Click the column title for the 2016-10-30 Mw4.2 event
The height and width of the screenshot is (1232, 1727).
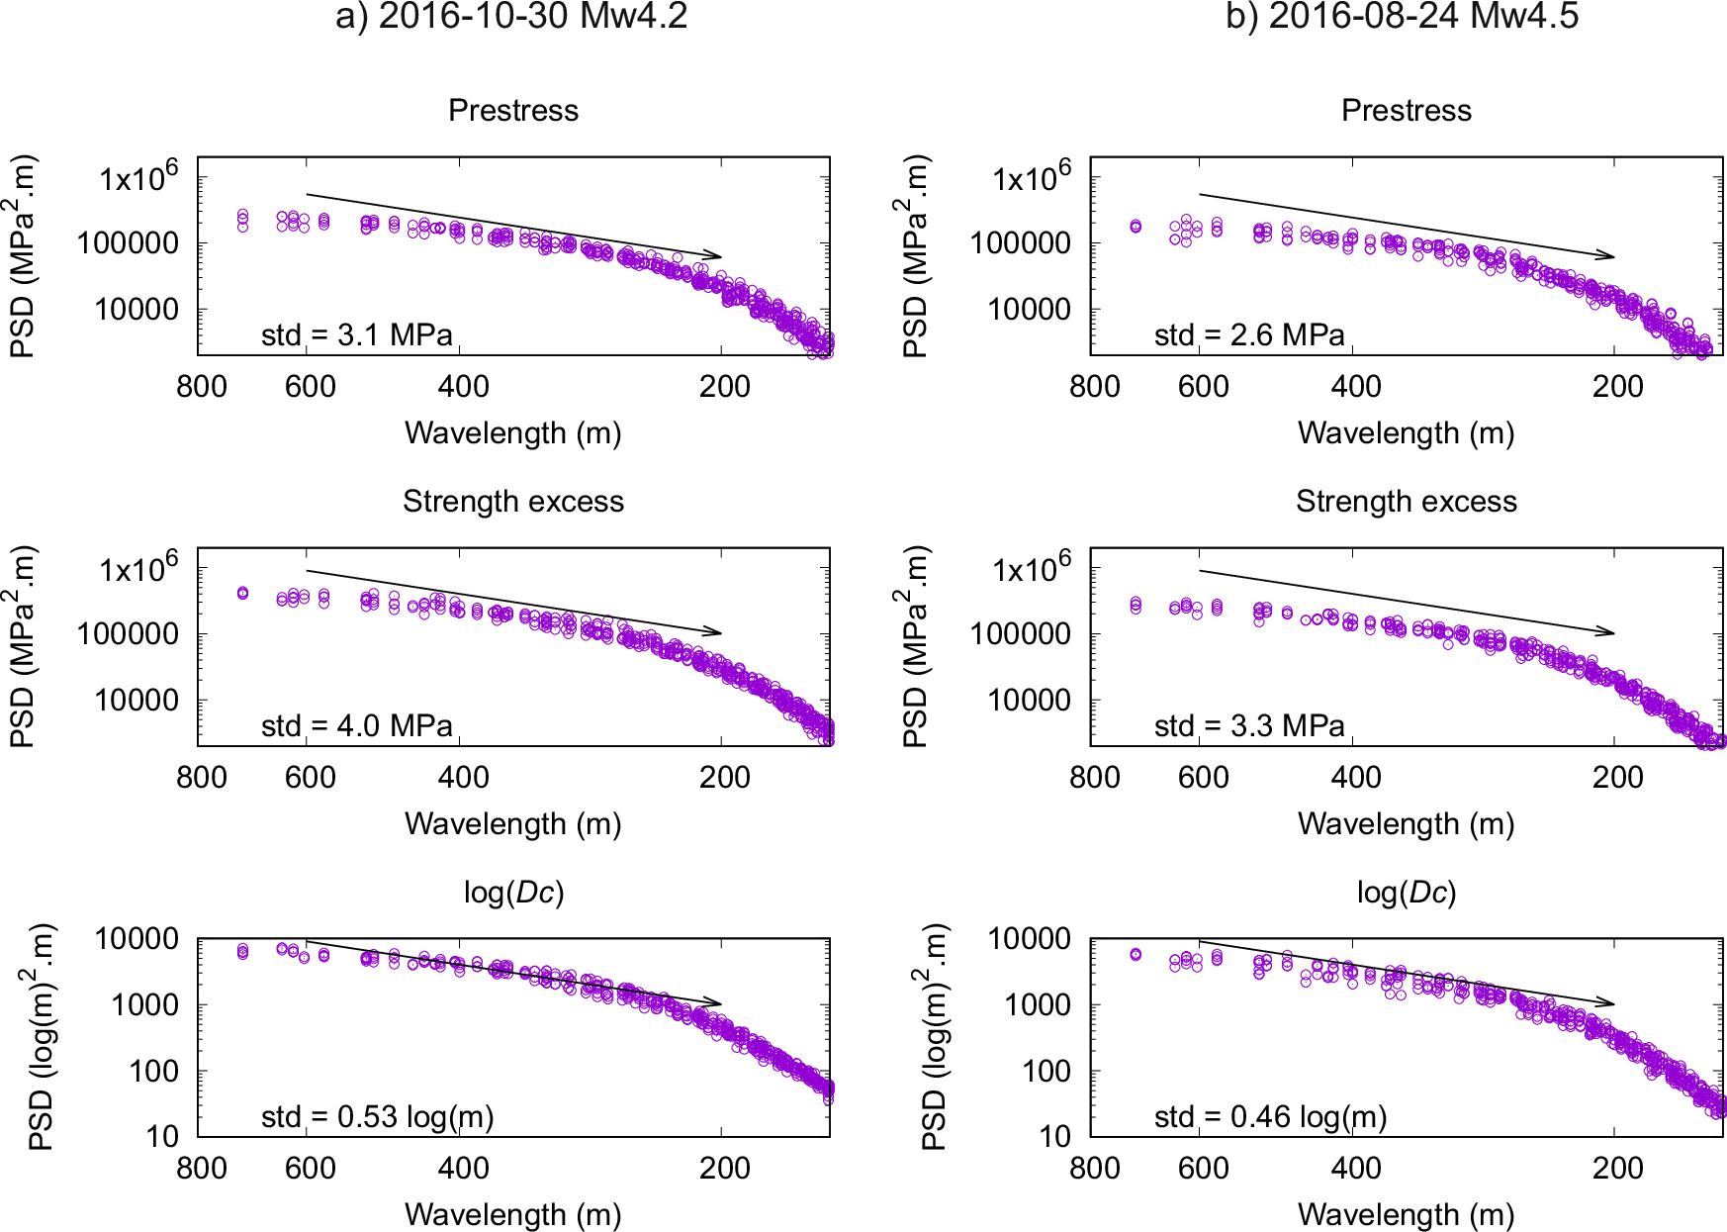(x=511, y=17)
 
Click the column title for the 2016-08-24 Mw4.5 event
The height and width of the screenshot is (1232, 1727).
(x=1402, y=17)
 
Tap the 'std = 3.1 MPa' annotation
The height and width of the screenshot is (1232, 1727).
(x=356, y=335)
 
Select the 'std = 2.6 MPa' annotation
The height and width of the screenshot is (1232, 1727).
(x=1249, y=335)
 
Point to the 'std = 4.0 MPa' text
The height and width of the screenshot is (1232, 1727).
(x=356, y=726)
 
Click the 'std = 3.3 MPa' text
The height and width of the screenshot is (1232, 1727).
(x=1249, y=726)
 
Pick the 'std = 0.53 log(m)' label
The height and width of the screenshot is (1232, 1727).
(x=377, y=1117)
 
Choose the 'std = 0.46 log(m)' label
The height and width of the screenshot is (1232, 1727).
(x=1270, y=1117)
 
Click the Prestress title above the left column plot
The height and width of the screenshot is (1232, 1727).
(x=513, y=111)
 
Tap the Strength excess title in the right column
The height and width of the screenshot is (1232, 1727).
(x=1406, y=502)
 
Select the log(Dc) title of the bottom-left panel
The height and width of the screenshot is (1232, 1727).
(x=513, y=893)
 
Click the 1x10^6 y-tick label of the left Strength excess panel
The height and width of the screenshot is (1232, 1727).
(x=138, y=569)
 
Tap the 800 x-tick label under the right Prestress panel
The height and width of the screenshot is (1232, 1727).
(x=1094, y=387)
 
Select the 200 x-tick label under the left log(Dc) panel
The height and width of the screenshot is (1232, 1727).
(x=724, y=1169)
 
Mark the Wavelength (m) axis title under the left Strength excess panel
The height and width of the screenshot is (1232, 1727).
(x=512, y=824)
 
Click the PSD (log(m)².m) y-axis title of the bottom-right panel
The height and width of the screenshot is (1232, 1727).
(x=934, y=1037)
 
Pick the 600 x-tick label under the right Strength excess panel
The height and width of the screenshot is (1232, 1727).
(x=1203, y=778)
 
